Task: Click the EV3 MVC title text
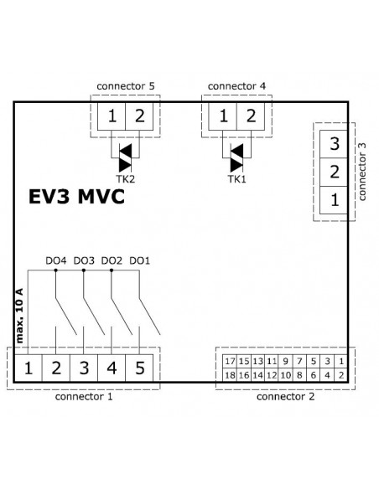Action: (x=76, y=197)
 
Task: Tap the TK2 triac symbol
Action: (x=126, y=157)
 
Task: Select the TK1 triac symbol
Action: (x=236, y=157)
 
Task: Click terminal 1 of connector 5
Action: (x=112, y=116)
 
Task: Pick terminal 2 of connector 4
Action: (x=251, y=116)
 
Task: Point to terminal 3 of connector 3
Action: (x=334, y=144)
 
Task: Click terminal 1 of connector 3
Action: (x=334, y=200)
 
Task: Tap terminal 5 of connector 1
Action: (x=139, y=368)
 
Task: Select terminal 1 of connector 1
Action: (x=29, y=368)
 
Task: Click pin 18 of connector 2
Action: (x=230, y=375)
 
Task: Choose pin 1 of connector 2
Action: (x=341, y=361)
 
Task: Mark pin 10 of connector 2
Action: (x=285, y=375)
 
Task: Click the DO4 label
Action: (x=56, y=260)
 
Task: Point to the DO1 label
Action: (x=139, y=260)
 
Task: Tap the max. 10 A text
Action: (x=19, y=316)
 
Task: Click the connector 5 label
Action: (x=126, y=86)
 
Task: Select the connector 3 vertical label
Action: (x=362, y=172)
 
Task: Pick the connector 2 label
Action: (x=285, y=397)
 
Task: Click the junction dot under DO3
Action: (x=84, y=270)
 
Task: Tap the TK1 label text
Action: (x=236, y=179)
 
